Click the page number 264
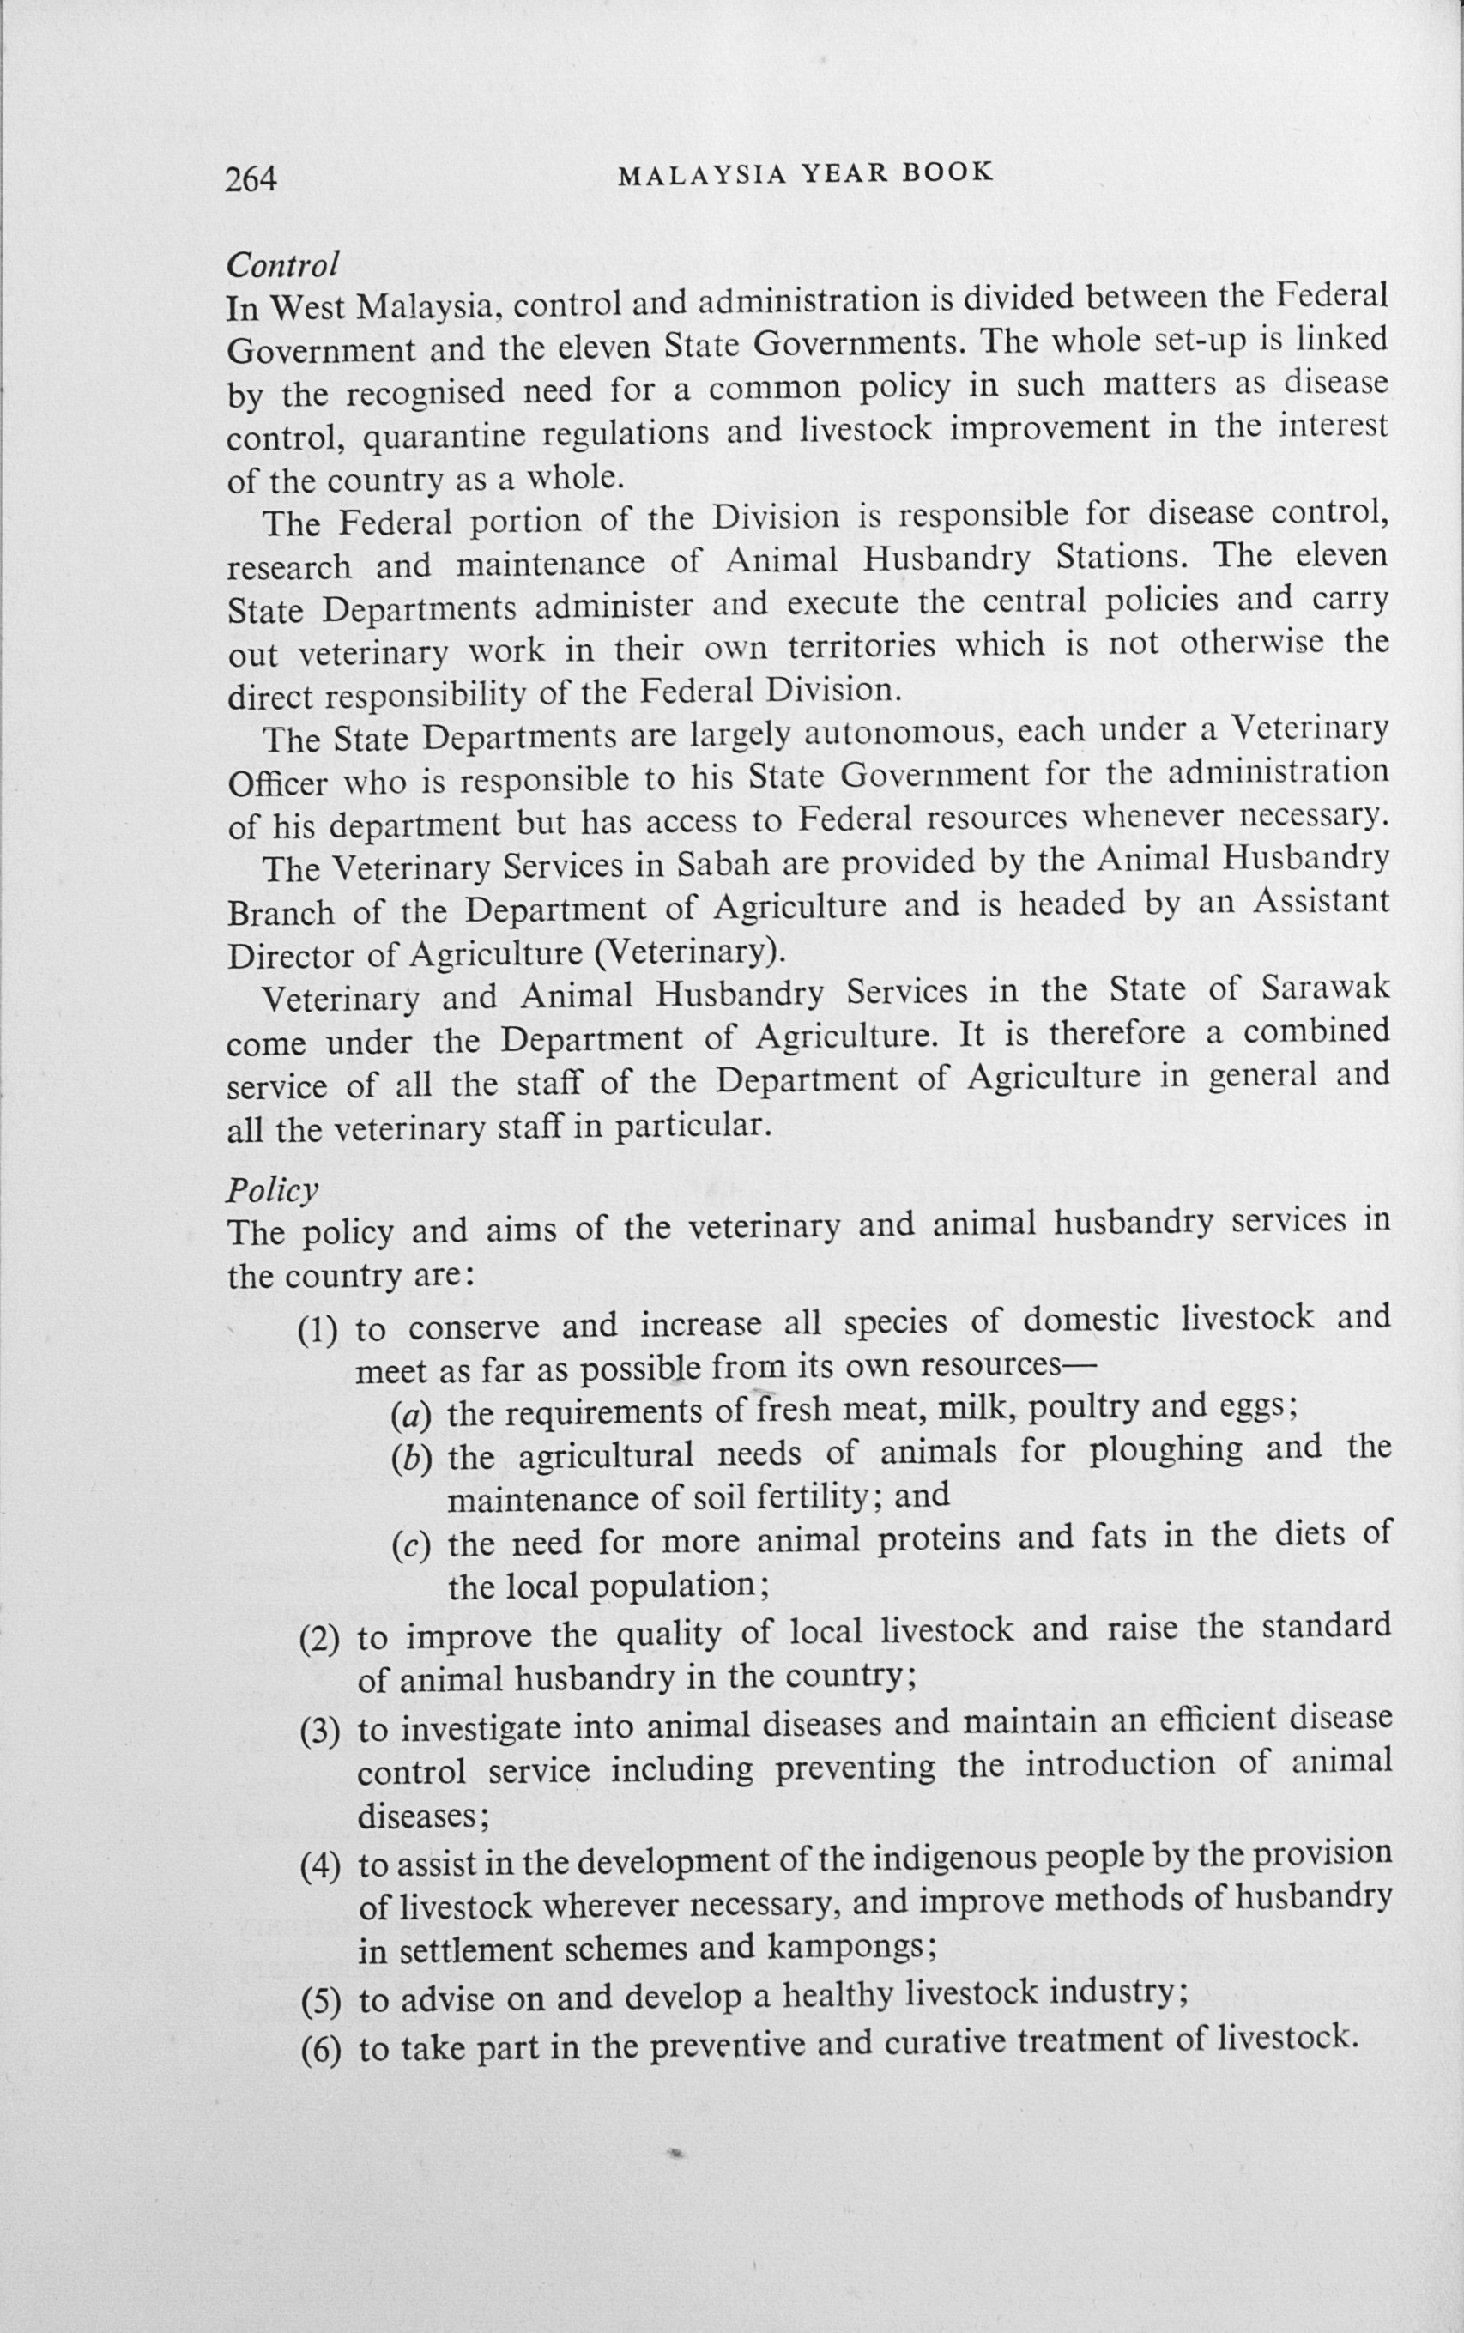point(251,179)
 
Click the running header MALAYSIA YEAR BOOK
point(806,173)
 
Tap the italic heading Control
point(281,263)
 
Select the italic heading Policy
point(272,1190)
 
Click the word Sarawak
point(1326,988)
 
